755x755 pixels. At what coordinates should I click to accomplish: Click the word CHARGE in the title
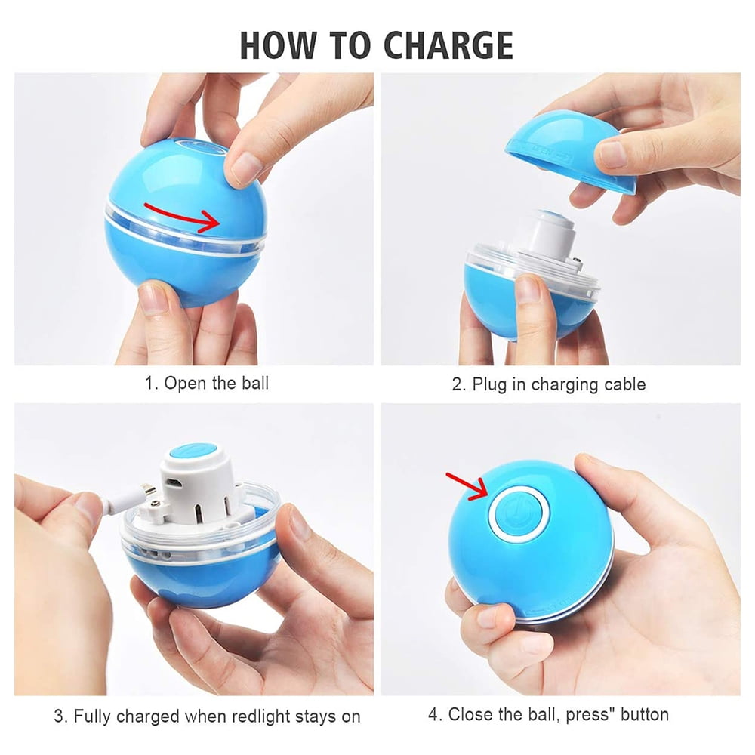448,45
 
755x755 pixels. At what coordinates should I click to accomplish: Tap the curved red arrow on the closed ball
183,216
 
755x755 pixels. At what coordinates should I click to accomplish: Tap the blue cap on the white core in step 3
193,456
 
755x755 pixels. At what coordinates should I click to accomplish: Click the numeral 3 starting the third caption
59,716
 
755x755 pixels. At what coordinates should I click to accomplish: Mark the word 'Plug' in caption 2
488,385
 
